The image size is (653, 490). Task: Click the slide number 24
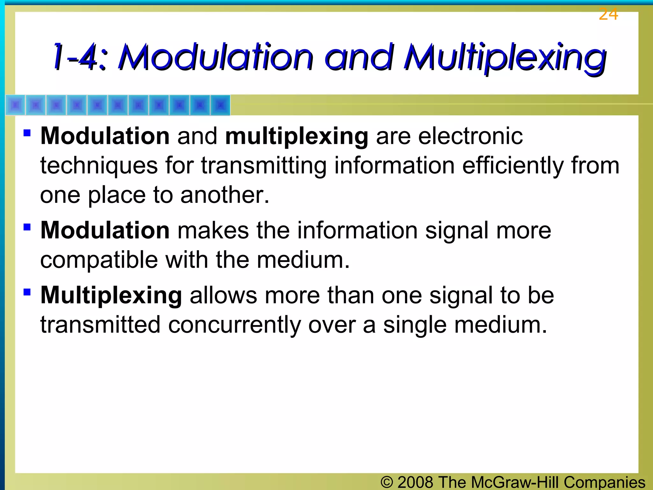point(608,14)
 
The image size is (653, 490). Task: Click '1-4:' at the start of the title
point(79,57)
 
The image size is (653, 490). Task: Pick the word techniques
point(99,166)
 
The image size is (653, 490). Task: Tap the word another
point(225,195)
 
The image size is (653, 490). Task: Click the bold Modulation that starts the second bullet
point(105,230)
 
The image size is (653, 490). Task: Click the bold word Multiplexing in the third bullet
point(111,295)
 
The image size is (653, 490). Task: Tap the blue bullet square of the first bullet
point(27,132)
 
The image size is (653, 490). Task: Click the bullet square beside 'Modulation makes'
point(27,227)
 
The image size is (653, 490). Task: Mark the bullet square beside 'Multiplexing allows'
point(27,292)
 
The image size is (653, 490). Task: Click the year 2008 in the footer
point(415,482)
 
